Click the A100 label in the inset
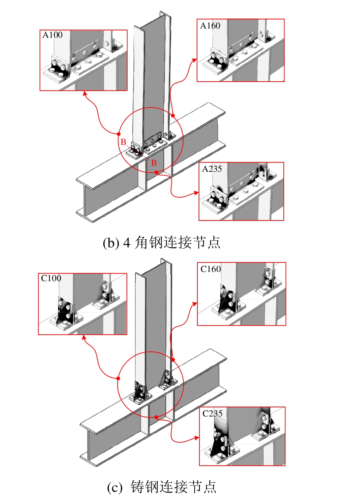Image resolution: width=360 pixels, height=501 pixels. point(52,35)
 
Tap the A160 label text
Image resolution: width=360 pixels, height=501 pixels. point(210,26)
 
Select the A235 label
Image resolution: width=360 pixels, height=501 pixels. point(212,169)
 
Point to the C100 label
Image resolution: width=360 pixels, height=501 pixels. point(51,278)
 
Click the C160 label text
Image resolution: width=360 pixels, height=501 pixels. point(211,269)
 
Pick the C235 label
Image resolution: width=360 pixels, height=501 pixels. point(213,413)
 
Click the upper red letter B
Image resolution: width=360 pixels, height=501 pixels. point(123,142)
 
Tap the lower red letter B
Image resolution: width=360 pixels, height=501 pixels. point(154,163)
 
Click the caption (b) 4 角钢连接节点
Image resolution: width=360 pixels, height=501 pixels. point(162,243)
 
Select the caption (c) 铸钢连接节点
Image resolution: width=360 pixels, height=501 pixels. point(162,487)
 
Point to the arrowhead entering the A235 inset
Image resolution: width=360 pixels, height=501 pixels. point(196,193)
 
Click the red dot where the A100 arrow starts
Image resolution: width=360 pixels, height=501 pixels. point(119,134)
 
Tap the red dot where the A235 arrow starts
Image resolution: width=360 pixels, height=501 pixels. point(156,172)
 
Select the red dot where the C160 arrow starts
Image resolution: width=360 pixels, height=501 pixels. point(173,360)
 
